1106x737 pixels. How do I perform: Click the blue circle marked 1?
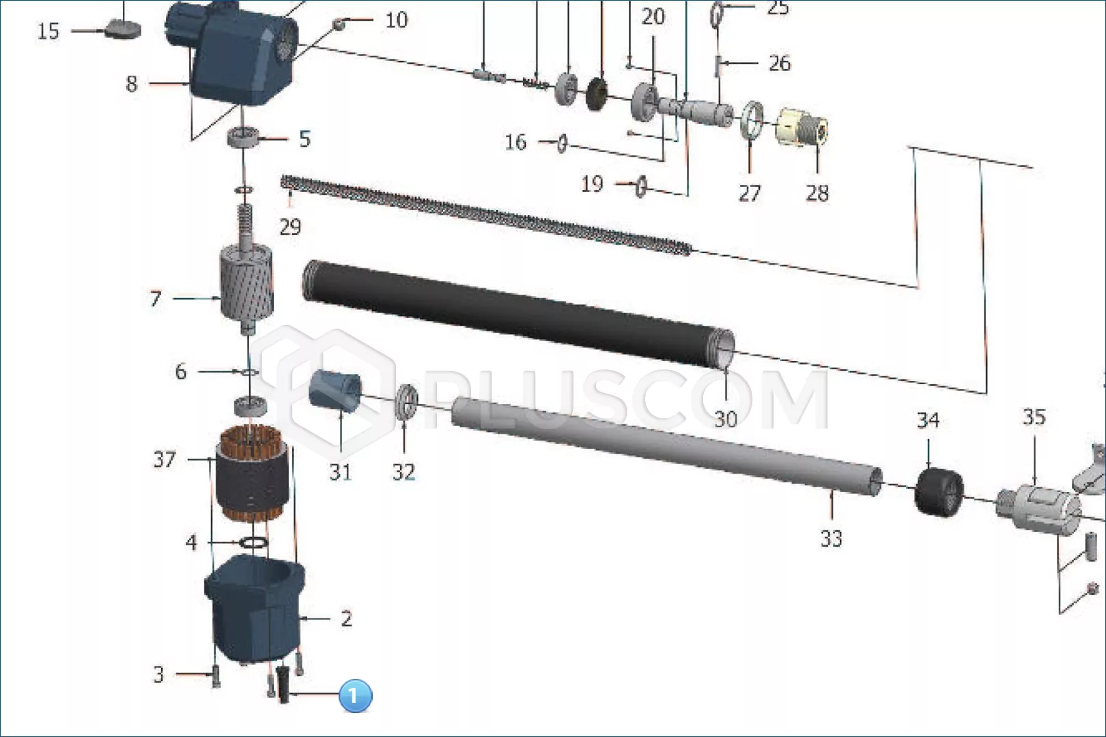[x=355, y=695]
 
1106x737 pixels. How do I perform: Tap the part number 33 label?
[x=832, y=538]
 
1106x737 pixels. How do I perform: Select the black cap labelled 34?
[x=939, y=492]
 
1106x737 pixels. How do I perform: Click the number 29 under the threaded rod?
[x=290, y=227]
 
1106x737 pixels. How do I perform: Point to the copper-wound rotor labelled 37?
[x=252, y=474]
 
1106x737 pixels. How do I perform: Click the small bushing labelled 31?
[x=335, y=390]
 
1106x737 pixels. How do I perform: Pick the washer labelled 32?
[x=407, y=403]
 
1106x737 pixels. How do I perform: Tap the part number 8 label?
[x=131, y=84]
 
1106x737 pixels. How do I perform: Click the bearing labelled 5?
[x=244, y=136]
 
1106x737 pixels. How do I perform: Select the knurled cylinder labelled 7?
[x=246, y=281]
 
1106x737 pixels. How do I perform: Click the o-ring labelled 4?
[x=254, y=543]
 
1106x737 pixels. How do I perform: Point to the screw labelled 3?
[x=216, y=676]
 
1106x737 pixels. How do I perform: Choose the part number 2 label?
[x=347, y=619]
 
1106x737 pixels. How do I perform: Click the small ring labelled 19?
[x=641, y=186]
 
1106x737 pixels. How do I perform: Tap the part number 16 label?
[x=516, y=143]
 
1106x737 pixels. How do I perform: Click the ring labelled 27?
[x=752, y=120]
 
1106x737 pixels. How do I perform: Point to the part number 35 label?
[x=1034, y=418]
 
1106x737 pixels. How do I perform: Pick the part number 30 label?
[x=726, y=419]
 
